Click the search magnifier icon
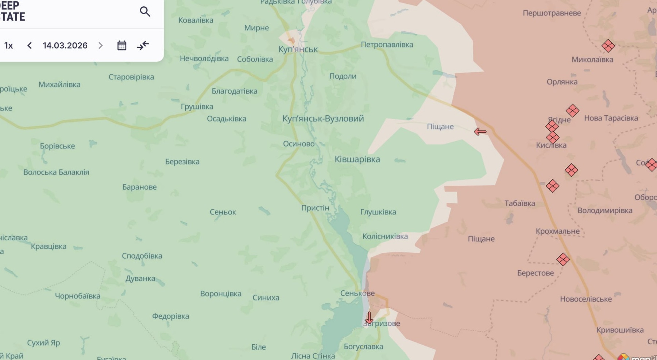(x=145, y=12)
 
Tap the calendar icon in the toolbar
(x=122, y=46)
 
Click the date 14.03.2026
(x=65, y=46)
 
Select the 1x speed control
(x=8, y=46)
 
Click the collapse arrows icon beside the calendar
(x=143, y=46)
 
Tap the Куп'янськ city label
(x=298, y=49)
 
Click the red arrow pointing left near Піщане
(x=480, y=132)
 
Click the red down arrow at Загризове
(x=369, y=318)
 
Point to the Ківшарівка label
(x=357, y=159)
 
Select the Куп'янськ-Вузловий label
(x=323, y=119)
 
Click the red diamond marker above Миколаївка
(x=608, y=46)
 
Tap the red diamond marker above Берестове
(x=563, y=260)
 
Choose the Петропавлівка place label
(x=387, y=44)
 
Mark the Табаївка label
(x=519, y=204)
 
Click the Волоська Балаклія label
(x=56, y=172)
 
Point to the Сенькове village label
(x=357, y=293)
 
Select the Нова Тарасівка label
(x=611, y=118)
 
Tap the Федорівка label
(x=170, y=316)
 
